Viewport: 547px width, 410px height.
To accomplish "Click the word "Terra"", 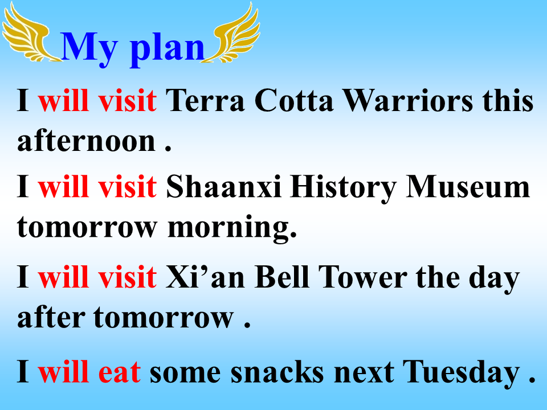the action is pyautogui.click(x=205, y=100).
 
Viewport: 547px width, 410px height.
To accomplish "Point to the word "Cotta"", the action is pyautogui.click(x=294, y=100).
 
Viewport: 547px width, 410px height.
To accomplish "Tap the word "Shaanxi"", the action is pyautogui.click(x=223, y=187).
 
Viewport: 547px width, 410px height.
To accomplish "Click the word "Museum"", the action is pyautogui.click(x=468, y=187).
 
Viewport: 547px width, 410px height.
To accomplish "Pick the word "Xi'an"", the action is pyautogui.click(x=205, y=277).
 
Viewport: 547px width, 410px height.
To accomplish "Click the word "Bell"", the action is pyautogui.click(x=282, y=277).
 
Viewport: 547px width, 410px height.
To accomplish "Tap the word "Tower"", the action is pyautogui.click(x=362, y=277).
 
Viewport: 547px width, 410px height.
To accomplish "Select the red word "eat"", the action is pyautogui.click(x=120, y=372).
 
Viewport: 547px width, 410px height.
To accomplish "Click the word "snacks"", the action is pyautogui.click(x=277, y=372).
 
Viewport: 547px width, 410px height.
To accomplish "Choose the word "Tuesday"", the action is pyautogui.click(x=461, y=373).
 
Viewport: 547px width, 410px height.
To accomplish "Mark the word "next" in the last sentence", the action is pyautogui.click(x=364, y=373).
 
